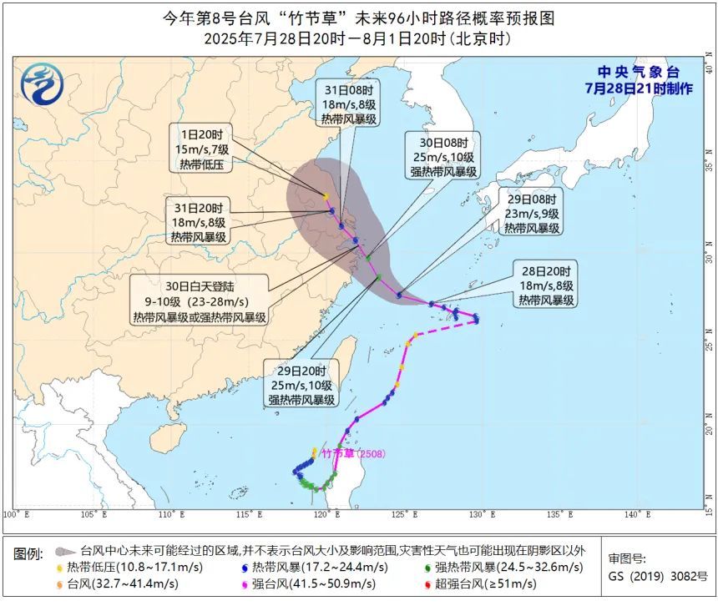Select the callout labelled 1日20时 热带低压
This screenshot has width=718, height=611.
click(x=202, y=149)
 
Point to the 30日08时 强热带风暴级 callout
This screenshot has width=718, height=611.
click(x=443, y=156)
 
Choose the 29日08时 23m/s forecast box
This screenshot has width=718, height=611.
click(x=531, y=213)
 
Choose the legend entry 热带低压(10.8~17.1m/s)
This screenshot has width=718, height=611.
click(x=122, y=567)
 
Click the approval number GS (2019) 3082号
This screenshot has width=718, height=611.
click(x=657, y=576)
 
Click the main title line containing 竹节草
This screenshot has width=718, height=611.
click(x=358, y=18)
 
